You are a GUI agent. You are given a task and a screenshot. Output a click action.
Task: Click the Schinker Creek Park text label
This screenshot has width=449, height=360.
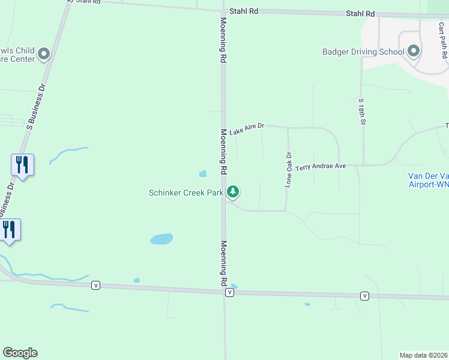click(185, 193)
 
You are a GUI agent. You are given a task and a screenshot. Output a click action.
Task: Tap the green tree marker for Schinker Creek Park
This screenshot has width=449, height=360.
click(233, 192)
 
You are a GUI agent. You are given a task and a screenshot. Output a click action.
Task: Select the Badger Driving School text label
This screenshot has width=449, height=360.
click(363, 52)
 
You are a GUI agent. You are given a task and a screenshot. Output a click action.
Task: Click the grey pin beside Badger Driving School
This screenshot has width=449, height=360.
click(414, 51)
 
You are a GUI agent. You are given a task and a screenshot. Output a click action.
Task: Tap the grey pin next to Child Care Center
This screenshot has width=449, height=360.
click(43, 55)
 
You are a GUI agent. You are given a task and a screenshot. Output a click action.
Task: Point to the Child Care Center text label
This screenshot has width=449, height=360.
click(17, 55)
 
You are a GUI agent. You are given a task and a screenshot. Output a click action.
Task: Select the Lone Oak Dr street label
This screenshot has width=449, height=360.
click(289, 170)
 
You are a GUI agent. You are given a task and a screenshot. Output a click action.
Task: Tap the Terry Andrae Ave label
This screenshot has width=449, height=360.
click(321, 166)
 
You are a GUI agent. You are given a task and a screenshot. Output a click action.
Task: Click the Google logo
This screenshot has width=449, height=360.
click(20, 353)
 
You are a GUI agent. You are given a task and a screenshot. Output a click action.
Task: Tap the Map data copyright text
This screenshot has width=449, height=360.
click(423, 355)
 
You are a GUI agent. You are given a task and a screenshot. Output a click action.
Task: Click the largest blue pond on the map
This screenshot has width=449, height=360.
click(161, 239)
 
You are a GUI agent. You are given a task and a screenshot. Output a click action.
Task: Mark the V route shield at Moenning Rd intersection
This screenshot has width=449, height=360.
click(229, 292)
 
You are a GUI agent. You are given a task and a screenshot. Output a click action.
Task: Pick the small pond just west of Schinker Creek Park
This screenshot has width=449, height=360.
click(202, 174)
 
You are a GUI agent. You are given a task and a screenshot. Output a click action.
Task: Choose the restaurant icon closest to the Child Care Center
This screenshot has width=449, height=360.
click(22, 164)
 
